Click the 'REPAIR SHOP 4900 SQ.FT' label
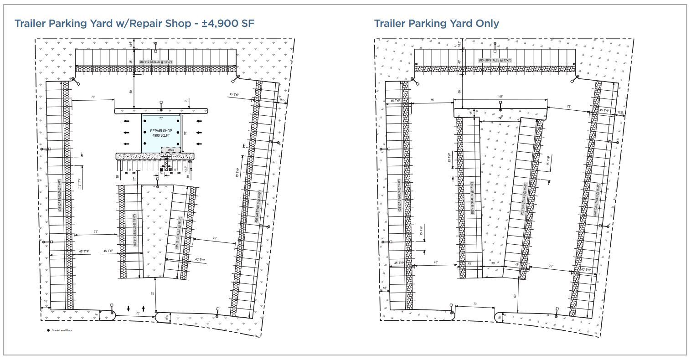click(161, 133)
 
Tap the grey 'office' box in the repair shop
click(171, 150)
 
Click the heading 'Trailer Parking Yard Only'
click(436, 23)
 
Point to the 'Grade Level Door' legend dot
click(48, 331)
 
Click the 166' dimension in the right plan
click(500, 97)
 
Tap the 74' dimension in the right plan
click(500, 118)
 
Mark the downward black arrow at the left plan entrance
click(129, 309)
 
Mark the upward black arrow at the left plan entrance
click(144, 309)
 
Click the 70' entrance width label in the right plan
click(475, 304)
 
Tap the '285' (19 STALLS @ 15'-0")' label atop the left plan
click(153, 62)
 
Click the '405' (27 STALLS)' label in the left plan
click(59, 196)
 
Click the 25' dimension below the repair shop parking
click(134, 179)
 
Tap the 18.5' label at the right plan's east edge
click(620, 113)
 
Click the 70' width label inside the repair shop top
click(161, 118)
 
